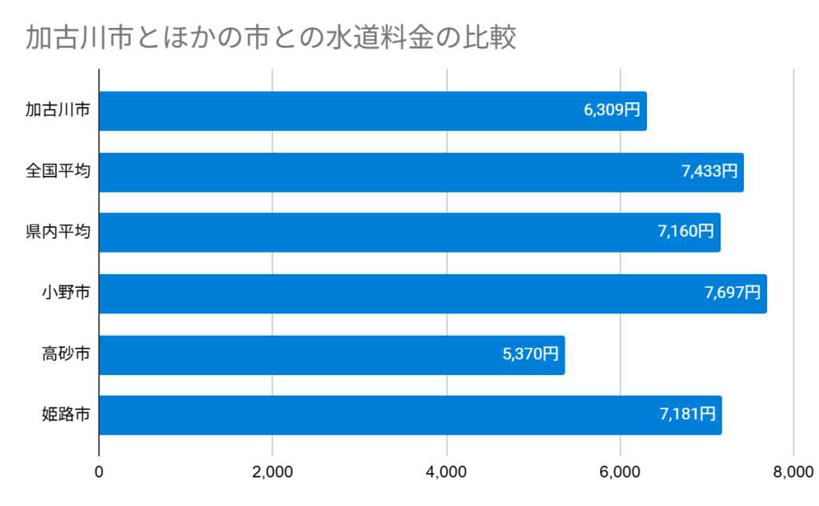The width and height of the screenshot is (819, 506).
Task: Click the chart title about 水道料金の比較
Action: tap(270, 38)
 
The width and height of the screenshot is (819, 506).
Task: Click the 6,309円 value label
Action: tap(612, 111)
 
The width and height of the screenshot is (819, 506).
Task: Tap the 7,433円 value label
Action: tap(709, 172)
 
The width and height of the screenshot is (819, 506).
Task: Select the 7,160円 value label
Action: tap(685, 233)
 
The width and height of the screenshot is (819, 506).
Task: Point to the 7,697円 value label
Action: tap(733, 293)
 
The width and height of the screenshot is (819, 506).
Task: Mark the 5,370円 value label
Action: tap(530, 354)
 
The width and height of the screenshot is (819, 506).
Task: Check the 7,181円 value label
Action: tap(687, 415)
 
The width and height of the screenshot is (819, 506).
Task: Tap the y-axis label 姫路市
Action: tap(66, 414)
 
